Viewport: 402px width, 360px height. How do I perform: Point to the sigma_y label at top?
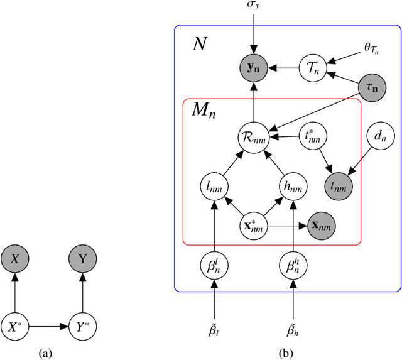tap(254, 6)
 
